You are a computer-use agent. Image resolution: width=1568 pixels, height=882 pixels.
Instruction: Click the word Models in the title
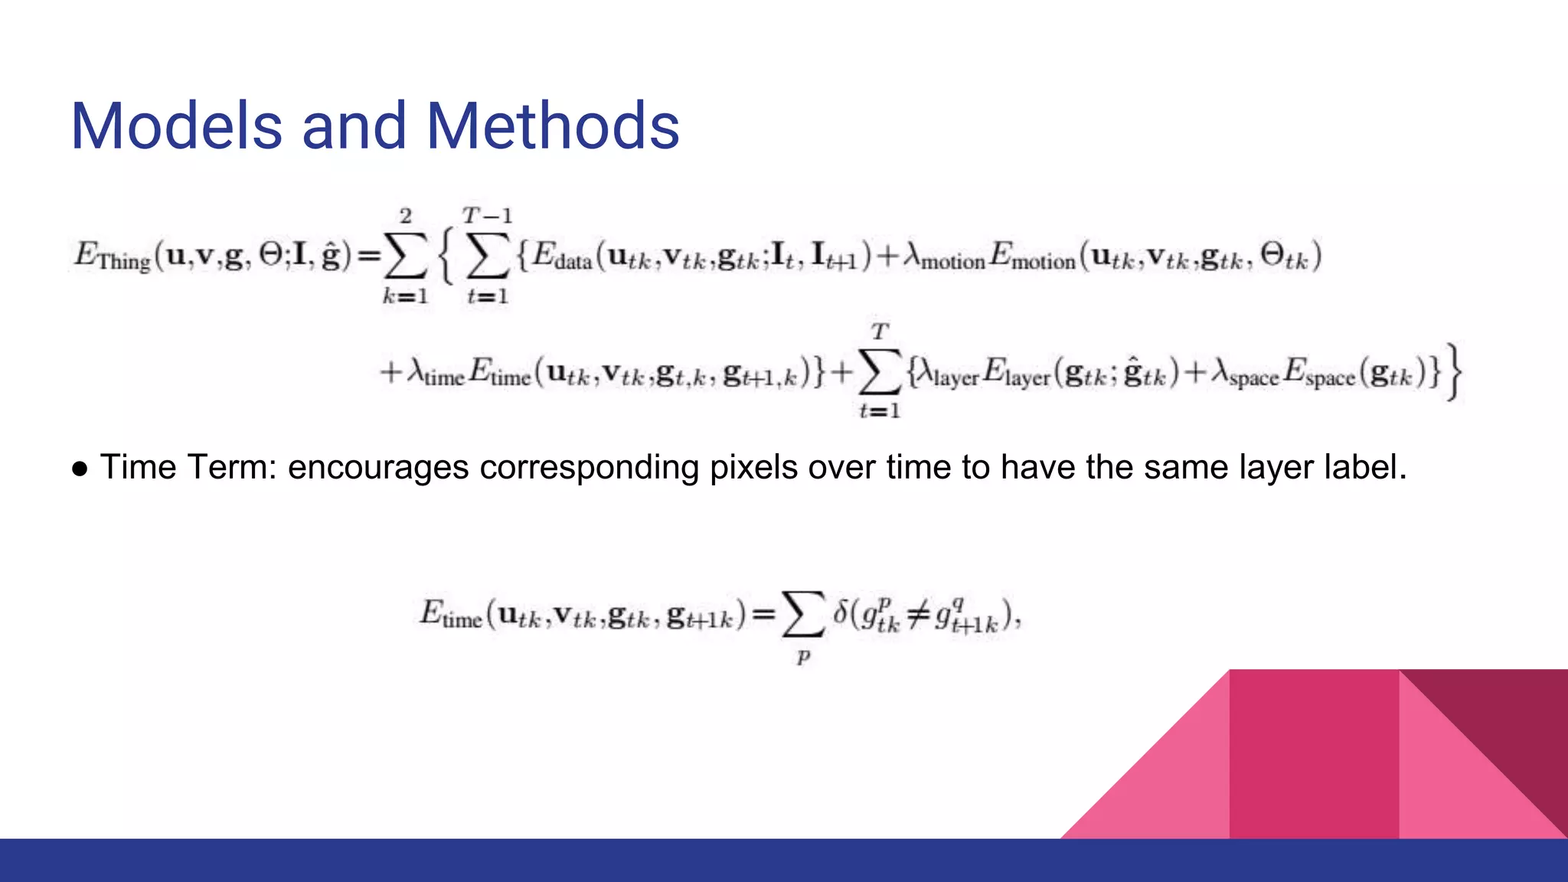(177, 126)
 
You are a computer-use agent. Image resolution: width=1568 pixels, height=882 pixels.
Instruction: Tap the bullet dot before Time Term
(80, 468)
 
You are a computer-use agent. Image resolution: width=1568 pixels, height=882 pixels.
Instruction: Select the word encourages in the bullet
(378, 468)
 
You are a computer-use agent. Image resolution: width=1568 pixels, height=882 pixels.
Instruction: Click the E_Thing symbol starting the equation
(111, 256)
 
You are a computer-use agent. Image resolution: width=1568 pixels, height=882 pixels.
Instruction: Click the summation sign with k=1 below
(405, 256)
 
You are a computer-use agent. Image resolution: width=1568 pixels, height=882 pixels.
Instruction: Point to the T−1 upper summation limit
(487, 216)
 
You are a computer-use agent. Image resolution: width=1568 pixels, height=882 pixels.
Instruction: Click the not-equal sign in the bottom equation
(918, 615)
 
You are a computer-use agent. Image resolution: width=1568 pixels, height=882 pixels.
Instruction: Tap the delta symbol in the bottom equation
(841, 612)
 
